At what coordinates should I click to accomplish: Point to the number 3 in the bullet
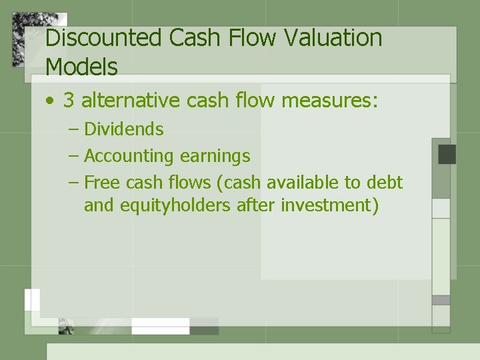click(69, 101)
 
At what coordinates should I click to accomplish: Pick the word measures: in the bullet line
click(330, 101)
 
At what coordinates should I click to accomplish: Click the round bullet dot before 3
click(50, 102)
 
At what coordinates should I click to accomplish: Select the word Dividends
click(123, 129)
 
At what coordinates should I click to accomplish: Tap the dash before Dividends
click(73, 129)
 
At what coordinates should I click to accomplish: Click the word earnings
click(215, 156)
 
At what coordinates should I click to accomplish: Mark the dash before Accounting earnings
click(73, 157)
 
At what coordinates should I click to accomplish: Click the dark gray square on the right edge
click(447, 154)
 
